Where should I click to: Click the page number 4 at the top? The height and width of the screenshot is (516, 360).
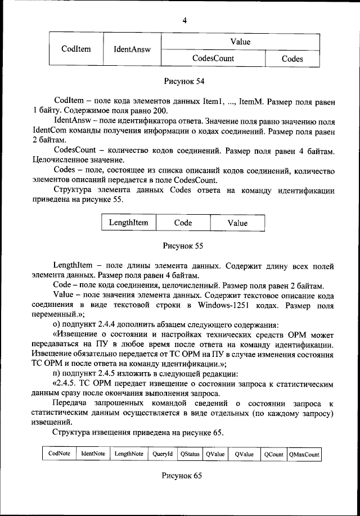[184, 21]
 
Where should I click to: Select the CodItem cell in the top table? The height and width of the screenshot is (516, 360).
[76, 49]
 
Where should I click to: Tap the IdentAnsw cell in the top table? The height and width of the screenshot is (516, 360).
[132, 49]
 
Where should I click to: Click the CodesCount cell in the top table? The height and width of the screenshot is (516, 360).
[213, 58]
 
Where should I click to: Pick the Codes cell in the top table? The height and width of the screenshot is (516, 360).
[292, 58]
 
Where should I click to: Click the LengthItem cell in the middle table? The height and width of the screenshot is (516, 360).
[129, 223]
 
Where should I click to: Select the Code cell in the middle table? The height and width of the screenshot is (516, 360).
[183, 223]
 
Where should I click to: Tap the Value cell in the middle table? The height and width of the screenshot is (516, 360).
[237, 223]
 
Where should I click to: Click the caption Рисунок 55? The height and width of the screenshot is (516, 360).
[183, 246]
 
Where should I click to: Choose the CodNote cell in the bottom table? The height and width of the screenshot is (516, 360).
[59, 454]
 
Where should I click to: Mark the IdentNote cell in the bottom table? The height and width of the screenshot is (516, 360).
[93, 454]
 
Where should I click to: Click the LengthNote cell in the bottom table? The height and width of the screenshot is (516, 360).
[129, 454]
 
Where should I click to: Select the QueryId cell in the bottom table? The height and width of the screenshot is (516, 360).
[162, 454]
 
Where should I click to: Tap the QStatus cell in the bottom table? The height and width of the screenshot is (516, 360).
[190, 454]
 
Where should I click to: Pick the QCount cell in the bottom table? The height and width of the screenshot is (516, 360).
[274, 454]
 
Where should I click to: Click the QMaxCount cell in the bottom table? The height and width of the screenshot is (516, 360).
[304, 454]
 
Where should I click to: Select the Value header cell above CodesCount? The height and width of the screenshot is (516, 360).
[240, 42]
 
